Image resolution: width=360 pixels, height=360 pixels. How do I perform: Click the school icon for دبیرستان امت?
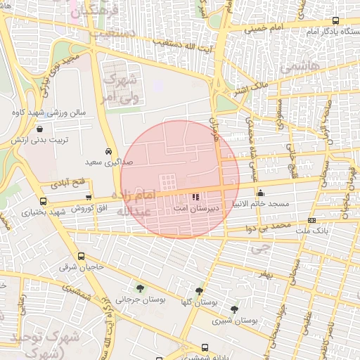(195, 196)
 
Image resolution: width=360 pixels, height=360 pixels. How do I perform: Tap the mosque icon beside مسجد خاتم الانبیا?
(260, 193)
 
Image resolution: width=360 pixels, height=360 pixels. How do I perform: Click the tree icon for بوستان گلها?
(200, 290)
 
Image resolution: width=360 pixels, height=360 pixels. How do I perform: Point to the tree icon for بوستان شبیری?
(234, 309)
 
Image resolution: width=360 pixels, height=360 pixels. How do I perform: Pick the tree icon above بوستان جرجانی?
(140, 288)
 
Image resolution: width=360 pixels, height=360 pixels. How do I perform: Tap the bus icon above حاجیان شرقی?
(82, 256)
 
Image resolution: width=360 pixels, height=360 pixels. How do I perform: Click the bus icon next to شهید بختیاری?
(26, 210)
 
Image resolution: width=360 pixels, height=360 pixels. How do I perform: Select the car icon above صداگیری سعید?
(108, 151)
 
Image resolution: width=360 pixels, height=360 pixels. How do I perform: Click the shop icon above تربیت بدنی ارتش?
(39, 129)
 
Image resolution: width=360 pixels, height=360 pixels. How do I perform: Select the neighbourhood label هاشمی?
(300, 67)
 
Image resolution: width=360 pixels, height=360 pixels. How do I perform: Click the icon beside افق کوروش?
(89, 198)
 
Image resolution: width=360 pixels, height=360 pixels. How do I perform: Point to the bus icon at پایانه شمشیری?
(205, 347)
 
